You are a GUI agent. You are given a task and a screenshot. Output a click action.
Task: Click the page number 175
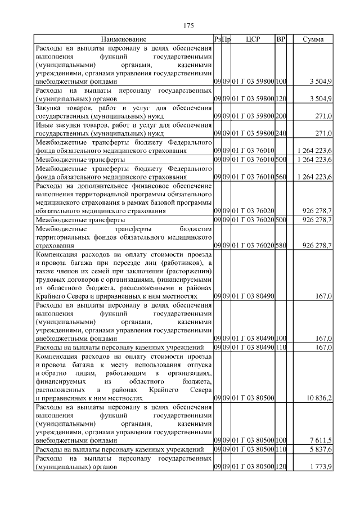click(x=189, y=25)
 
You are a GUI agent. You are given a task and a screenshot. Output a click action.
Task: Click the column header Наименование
click(x=124, y=39)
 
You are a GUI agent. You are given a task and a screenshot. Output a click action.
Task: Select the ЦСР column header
click(x=253, y=39)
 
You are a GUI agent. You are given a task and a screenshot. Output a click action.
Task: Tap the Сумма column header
click(x=313, y=39)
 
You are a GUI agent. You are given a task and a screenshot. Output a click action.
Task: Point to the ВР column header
click(x=281, y=39)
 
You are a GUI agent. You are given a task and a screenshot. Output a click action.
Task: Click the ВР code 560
click(x=281, y=177)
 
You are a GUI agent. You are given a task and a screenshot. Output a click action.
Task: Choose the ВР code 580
click(x=281, y=246)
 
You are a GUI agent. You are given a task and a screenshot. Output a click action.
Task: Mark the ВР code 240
click(x=281, y=134)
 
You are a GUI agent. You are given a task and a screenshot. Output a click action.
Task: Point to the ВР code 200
click(x=281, y=116)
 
